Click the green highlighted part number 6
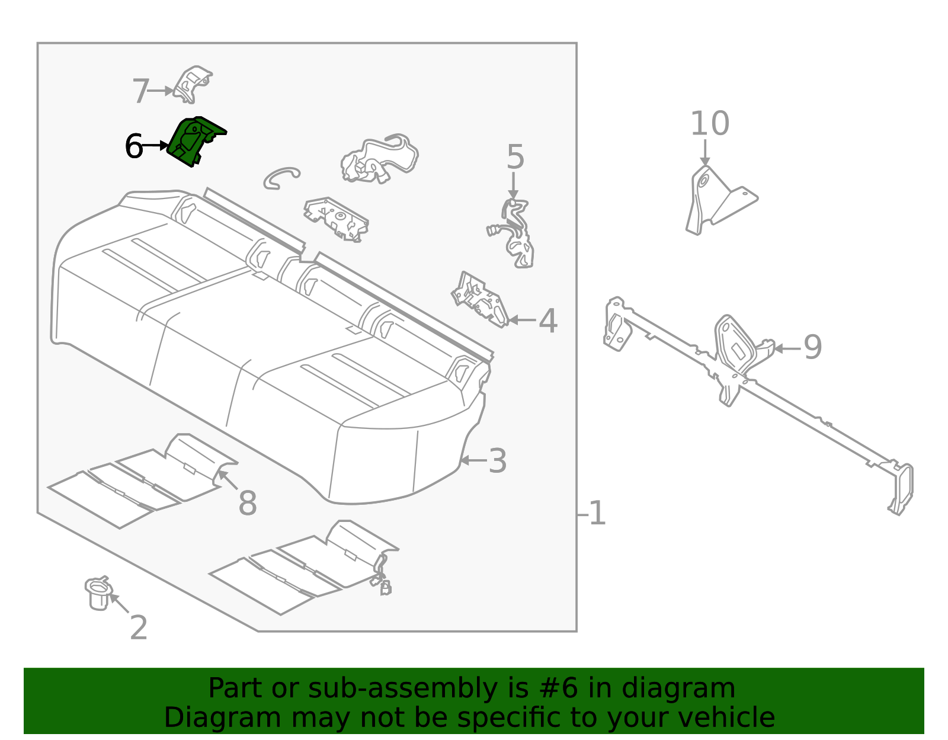click(193, 141)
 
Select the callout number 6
click(134, 146)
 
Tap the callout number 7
click(140, 92)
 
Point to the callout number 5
click(515, 158)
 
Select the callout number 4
click(548, 321)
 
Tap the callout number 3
click(498, 461)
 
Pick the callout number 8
click(247, 504)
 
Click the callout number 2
click(138, 628)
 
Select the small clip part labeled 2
click(98, 594)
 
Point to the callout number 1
click(597, 513)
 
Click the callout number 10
click(709, 124)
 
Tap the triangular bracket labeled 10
click(717, 198)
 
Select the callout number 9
click(813, 347)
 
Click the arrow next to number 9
click(787, 348)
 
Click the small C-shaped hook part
click(281, 177)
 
